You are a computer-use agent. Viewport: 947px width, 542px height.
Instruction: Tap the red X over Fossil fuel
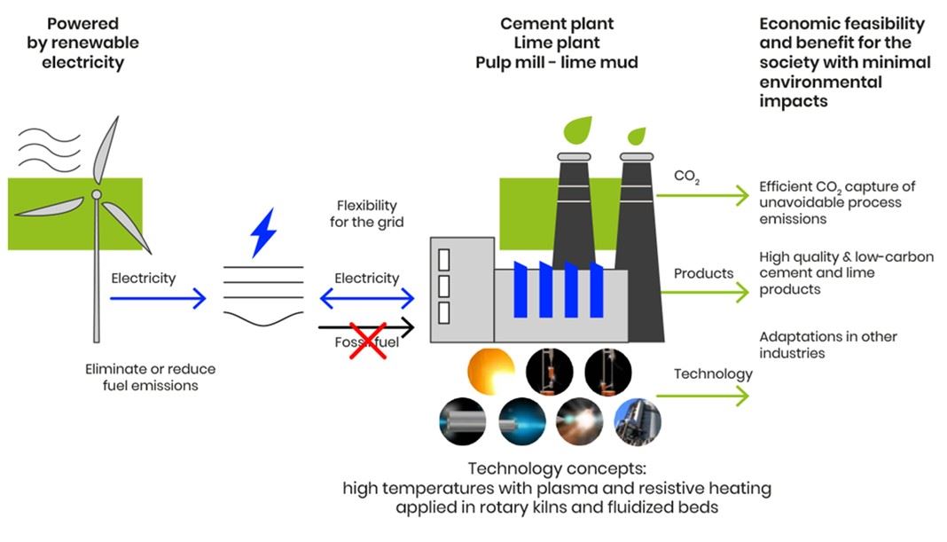pos(364,341)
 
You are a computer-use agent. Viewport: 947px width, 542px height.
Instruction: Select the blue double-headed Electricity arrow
pos(366,299)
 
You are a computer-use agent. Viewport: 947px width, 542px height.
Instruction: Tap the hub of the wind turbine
pos(97,194)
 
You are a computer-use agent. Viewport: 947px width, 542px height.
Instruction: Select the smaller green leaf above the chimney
pos(636,137)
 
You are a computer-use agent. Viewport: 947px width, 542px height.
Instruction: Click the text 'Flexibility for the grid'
pos(366,214)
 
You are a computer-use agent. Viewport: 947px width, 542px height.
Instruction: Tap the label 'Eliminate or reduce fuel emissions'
pos(150,377)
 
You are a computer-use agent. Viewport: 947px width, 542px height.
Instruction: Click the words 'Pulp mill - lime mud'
pos(556,62)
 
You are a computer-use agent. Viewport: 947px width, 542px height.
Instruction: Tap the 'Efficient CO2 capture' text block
pos(837,202)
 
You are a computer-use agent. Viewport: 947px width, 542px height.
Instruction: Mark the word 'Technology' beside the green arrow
pos(713,373)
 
